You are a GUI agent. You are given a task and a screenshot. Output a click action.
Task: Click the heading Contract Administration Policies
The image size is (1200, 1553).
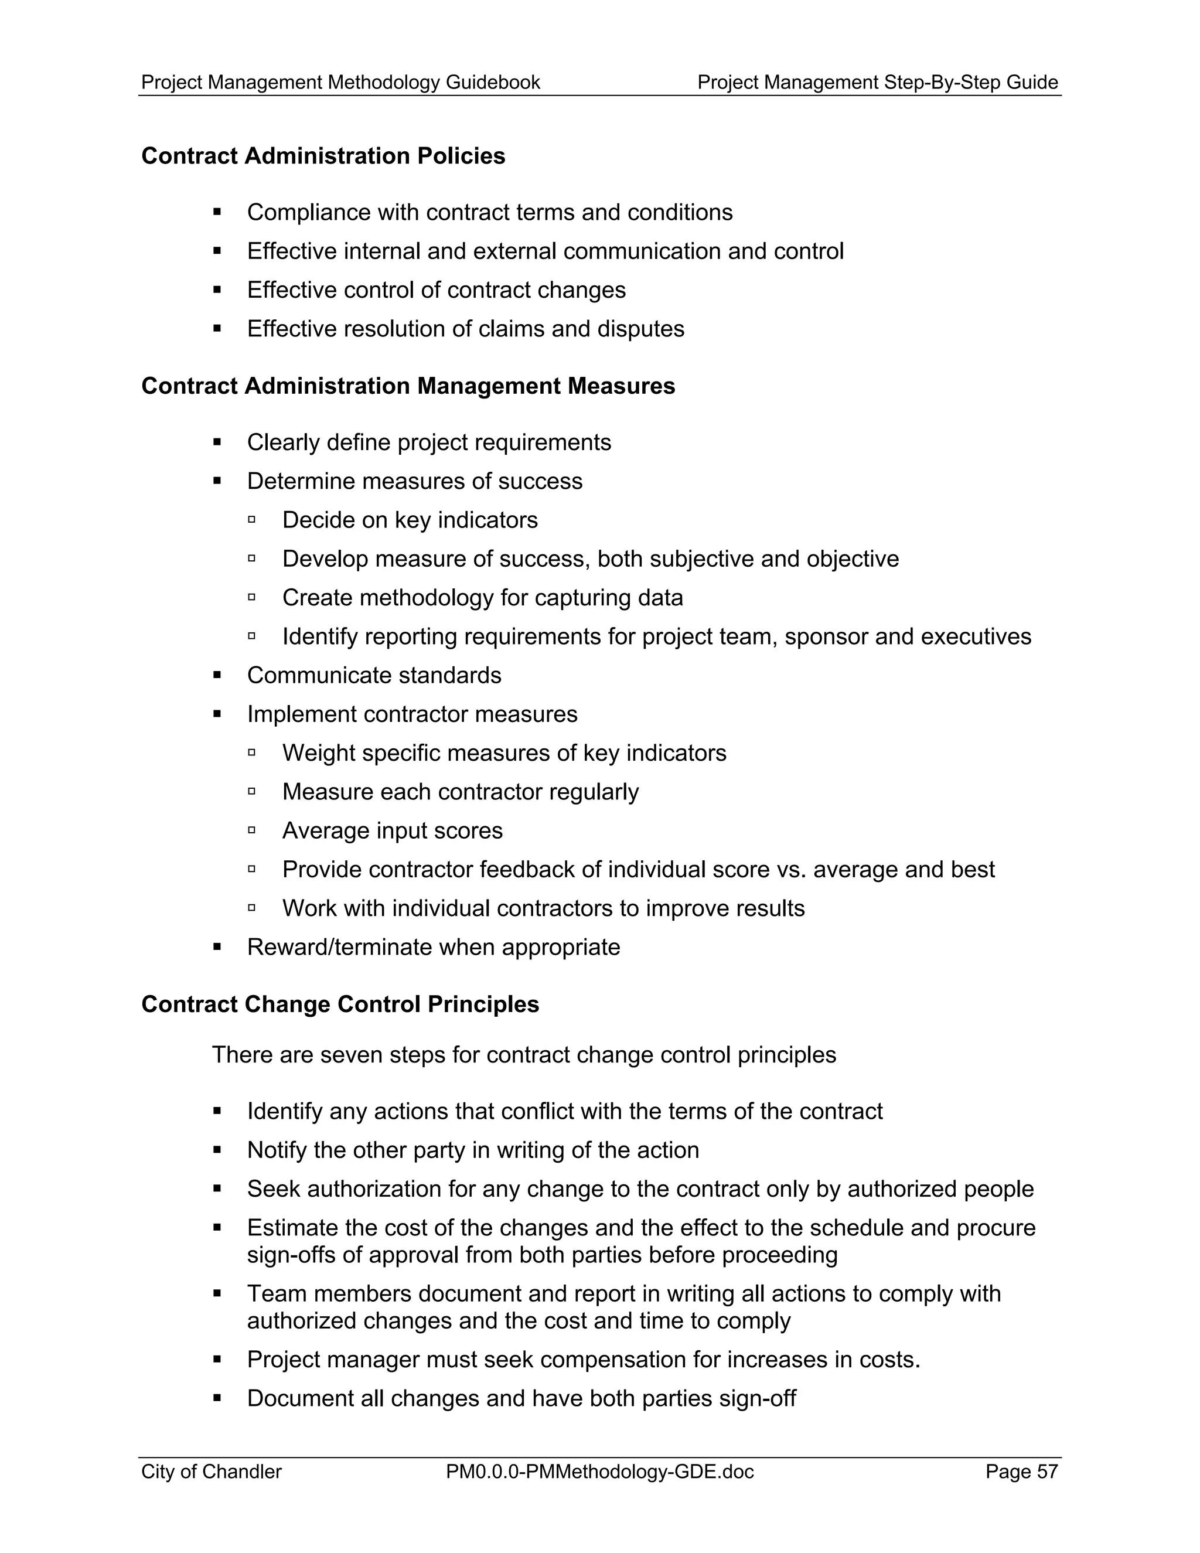point(323,156)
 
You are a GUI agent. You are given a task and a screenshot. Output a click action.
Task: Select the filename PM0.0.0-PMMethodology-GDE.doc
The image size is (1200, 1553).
point(599,1471)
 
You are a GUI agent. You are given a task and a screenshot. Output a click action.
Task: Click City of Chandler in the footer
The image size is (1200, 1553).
point(211,1471)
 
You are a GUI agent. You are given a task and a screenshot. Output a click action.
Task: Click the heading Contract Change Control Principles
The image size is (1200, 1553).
point(340,1004)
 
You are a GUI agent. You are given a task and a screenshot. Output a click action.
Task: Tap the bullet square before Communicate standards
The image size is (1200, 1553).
point(217,675)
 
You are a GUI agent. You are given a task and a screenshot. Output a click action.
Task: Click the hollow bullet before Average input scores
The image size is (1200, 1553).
point(251,830)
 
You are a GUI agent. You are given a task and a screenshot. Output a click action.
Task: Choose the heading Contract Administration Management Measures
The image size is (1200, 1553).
point(408,386)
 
